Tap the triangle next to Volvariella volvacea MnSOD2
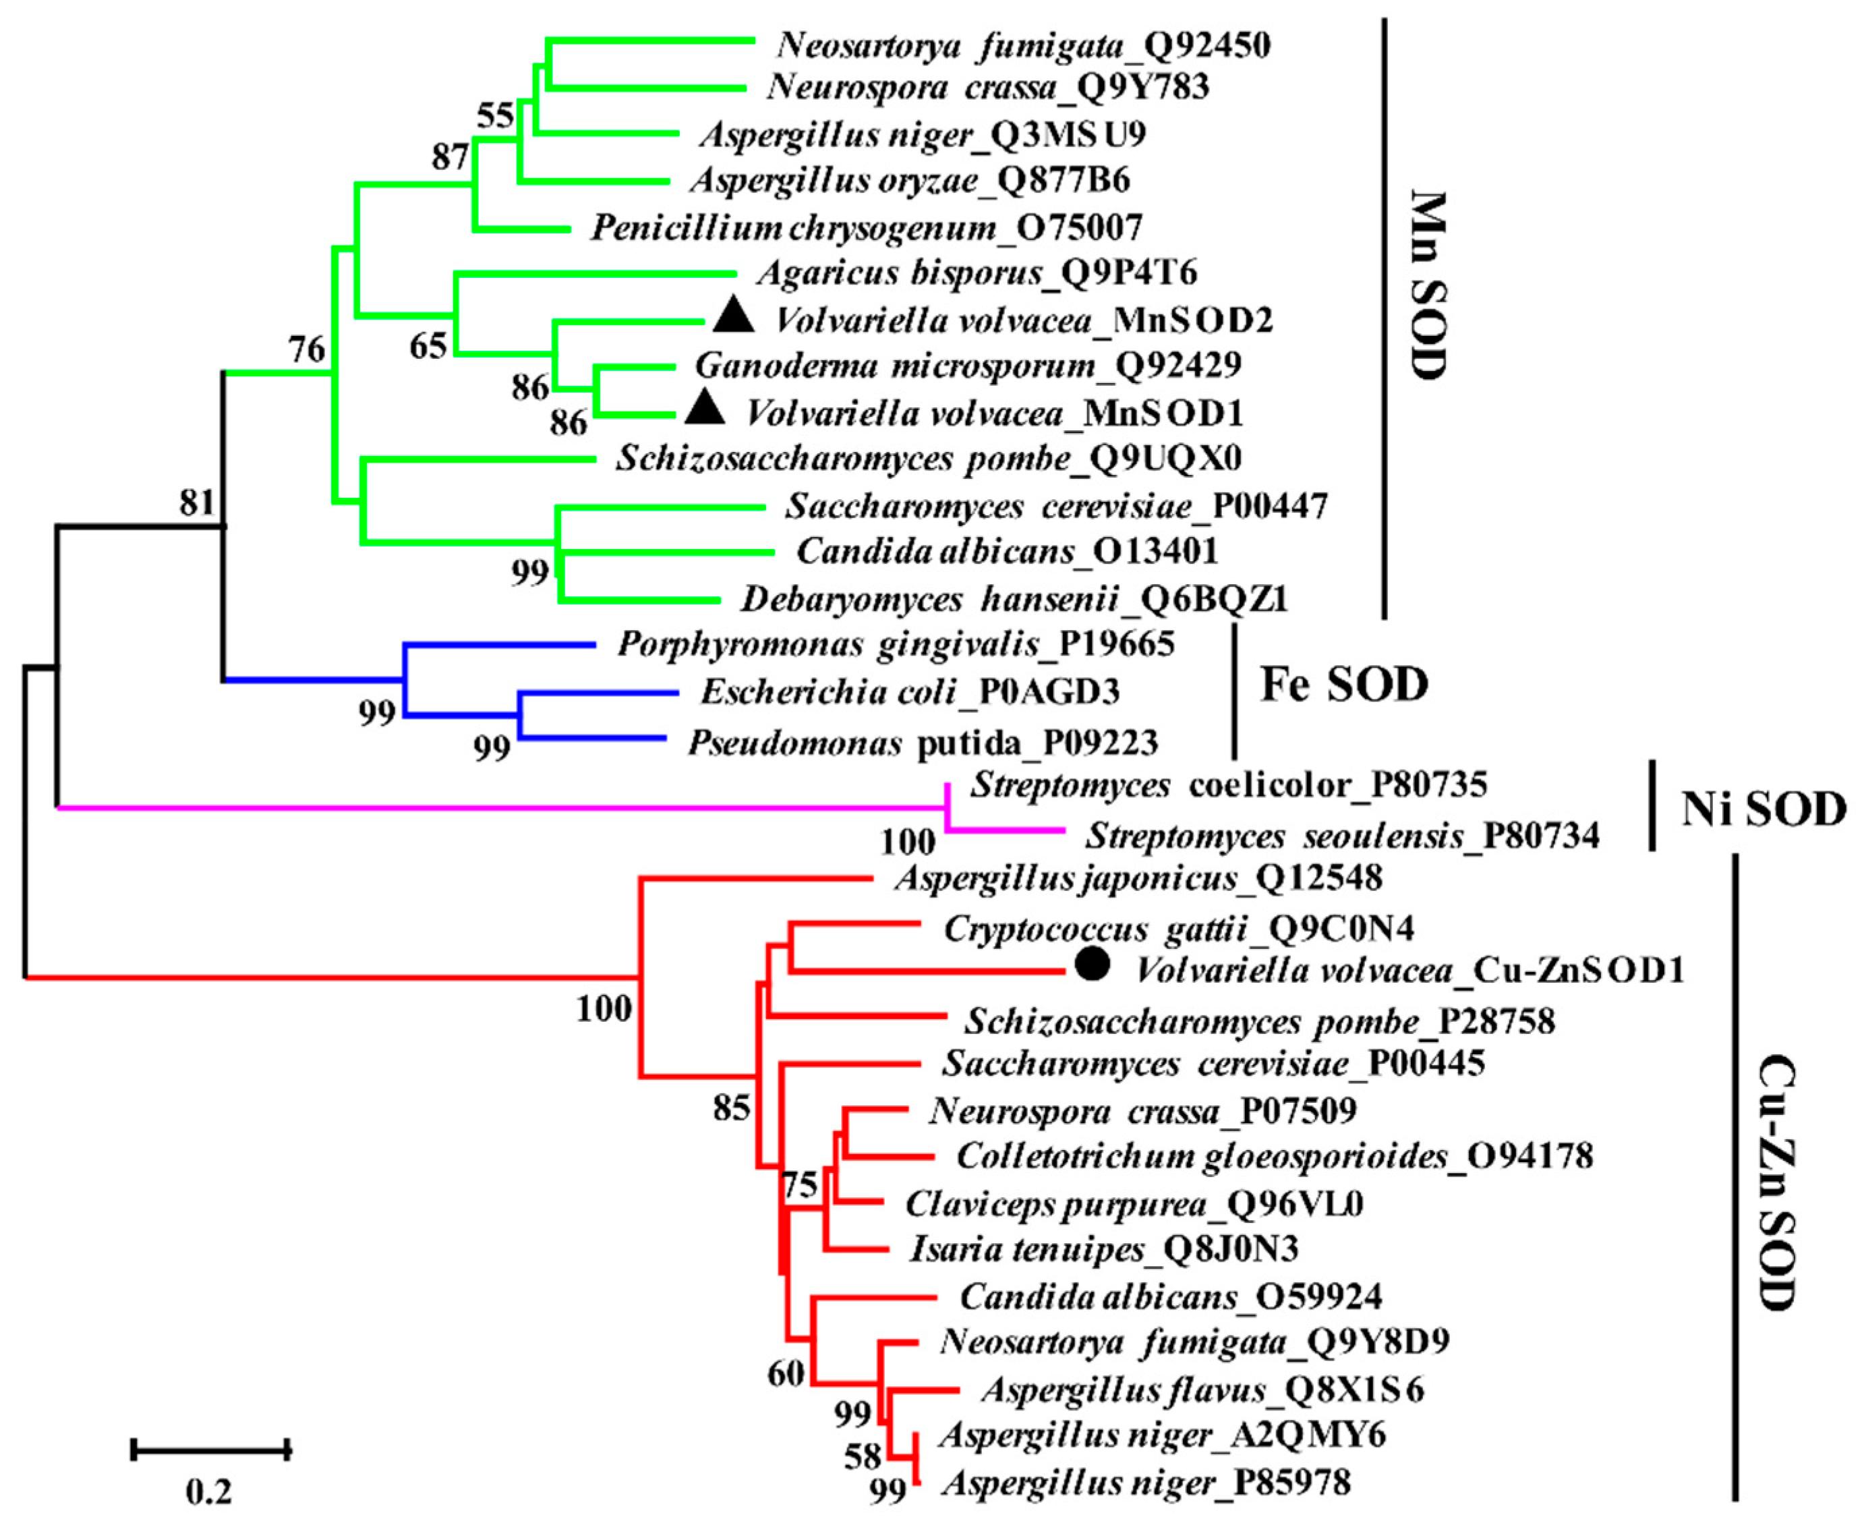coord(733,316)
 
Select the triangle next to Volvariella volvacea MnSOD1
coord(704,408)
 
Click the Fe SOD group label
coord(1344,684)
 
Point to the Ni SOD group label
coord(1763,809)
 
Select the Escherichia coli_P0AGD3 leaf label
coord(910,692)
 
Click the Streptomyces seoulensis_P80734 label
coord(1342,836)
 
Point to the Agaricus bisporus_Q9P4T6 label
coord(977,273)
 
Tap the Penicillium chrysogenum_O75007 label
coord(866,227)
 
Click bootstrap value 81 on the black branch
coord(197,503)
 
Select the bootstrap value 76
coord(307,350)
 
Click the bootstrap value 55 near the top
coord(495,115)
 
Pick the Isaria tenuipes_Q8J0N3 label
coord(1104,1249)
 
